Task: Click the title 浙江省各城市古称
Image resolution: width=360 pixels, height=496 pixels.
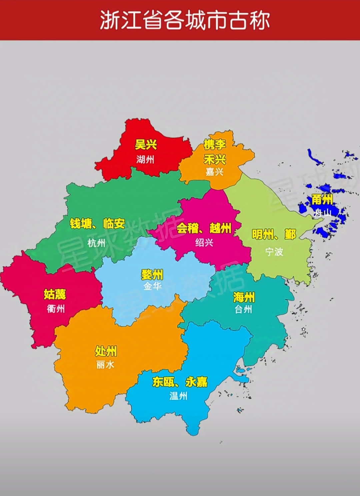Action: click(184, 21)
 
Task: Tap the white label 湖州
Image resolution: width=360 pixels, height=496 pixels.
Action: click(145, 160)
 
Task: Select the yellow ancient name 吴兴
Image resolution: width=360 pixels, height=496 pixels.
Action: click(146, 145)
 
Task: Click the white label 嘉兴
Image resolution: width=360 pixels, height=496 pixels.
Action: click(214, 172)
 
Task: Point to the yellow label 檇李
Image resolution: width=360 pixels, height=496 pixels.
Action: click(215, 145)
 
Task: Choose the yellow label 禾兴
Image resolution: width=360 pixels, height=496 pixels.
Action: click(215, 160)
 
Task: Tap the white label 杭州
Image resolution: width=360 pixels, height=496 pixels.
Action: click(96, 243)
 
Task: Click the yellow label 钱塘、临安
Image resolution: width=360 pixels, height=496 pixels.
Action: click(97, 224)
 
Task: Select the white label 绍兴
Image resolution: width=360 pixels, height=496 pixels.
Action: click(204, 243)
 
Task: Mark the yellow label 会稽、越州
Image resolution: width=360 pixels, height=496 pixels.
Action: click(204, 228)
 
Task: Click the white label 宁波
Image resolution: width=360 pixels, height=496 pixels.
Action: click(274, 252)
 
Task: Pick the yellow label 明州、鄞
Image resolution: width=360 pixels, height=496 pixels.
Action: click(274, 235)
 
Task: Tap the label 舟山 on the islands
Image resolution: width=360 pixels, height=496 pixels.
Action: click(322, 213)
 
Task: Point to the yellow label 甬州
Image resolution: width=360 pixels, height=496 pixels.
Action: click(322, 200)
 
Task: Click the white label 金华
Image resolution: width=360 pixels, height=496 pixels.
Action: click(152, 286)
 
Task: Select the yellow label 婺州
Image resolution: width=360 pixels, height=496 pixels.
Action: click(152, 275)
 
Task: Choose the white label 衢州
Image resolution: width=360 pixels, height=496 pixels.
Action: click(56, 309)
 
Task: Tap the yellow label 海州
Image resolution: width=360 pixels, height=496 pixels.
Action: click(244, 297)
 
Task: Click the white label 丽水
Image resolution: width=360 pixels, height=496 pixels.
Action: click(105, 365)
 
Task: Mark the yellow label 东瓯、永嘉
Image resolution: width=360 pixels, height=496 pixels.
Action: click(180, 382)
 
